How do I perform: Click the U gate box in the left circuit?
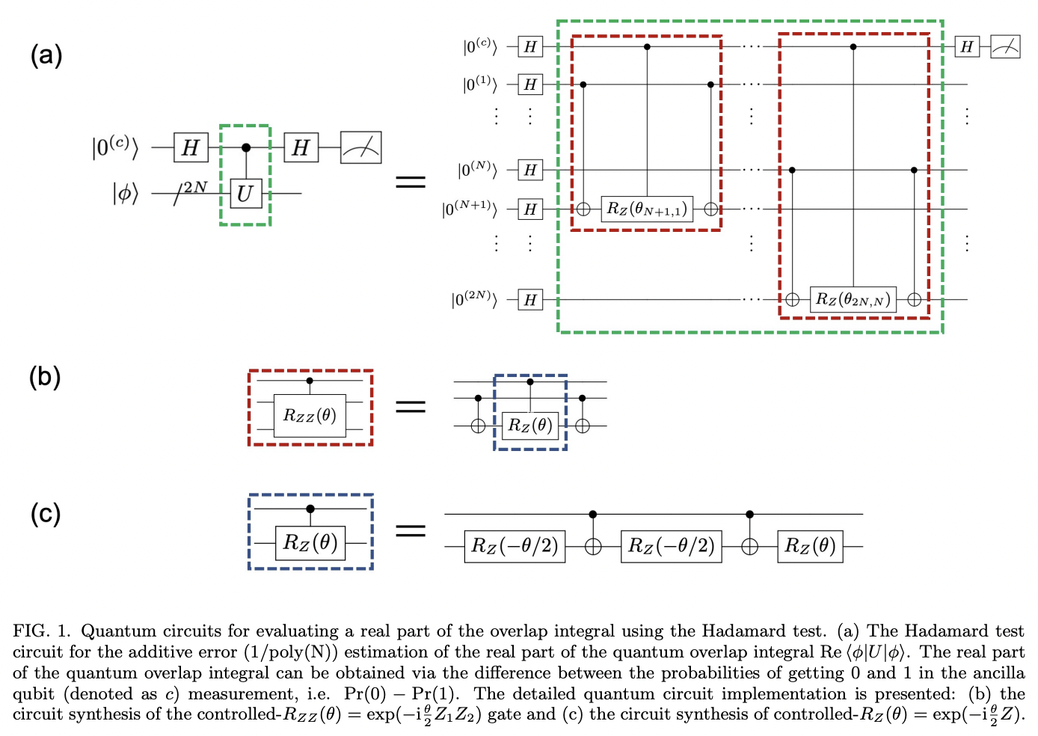coord(245,194)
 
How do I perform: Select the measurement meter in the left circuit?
coord(361,147)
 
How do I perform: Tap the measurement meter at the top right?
coord(1005,46)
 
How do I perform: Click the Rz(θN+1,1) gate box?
coord(647,209)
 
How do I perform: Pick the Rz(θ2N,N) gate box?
coord(853,299)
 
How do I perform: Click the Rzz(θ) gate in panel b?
coord(310,416)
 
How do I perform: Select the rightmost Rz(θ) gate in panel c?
coord(810,546)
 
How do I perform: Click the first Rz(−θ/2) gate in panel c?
coord(515,546)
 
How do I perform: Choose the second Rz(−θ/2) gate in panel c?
coord(671,546)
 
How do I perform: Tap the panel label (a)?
coord(46,55)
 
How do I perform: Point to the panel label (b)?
coord(45,376)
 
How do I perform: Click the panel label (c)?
coord(45,513)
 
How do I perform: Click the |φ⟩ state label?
coord(125,194)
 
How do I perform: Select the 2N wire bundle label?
coord(196,186)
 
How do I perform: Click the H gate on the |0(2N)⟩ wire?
coord(530,300)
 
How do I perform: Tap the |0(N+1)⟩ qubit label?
coord(469,209)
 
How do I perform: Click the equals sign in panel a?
coord(410,182)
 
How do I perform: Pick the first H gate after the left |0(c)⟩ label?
coord(191,147)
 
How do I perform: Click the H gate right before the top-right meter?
coord(967,46)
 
